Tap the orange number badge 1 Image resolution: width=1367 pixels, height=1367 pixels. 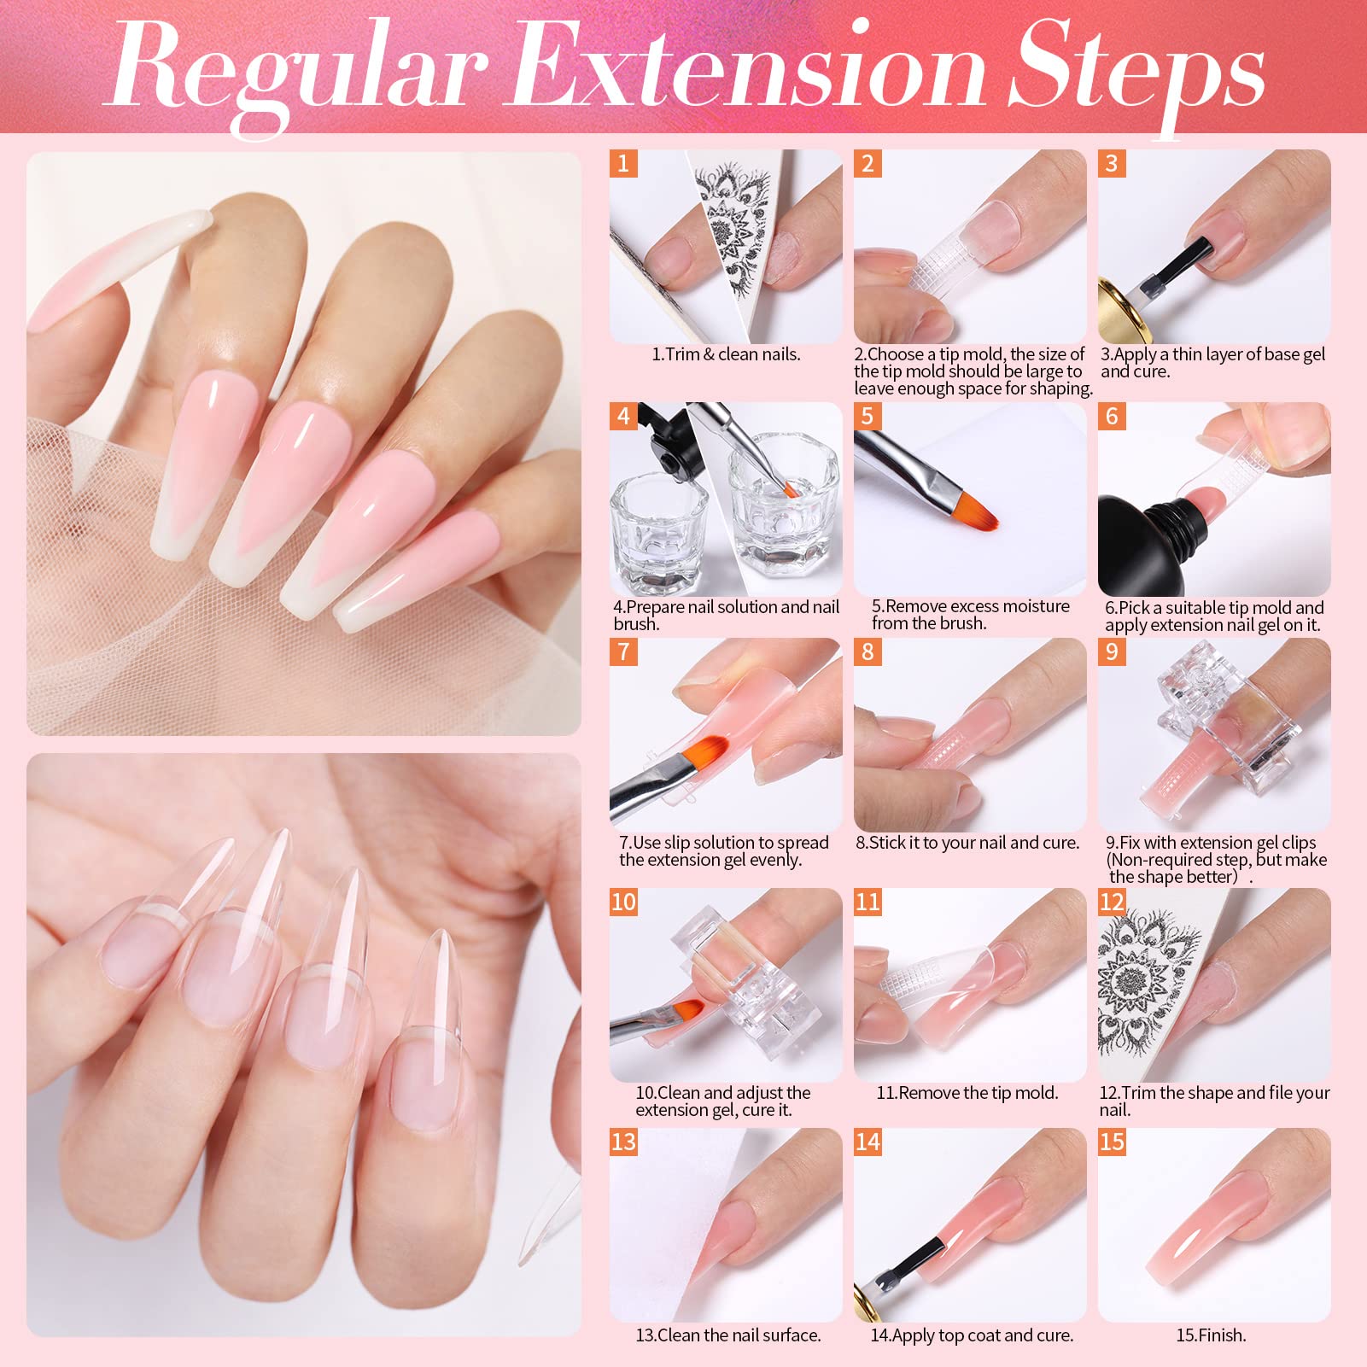pyautogui.click(x=623, y=163)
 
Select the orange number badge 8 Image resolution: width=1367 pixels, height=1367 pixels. pyautogui.click(x=868, y=651)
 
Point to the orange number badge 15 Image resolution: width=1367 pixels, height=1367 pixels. pyautogui.click(x=1112, y=1142)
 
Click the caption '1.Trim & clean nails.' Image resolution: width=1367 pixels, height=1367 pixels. pyautogui.click(x=726, y=354)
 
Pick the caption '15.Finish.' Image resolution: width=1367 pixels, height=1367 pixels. pyautogui.click(x=1211, y=1335)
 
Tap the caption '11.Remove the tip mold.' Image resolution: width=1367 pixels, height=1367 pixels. pyautogui.click(x=967, y=1093)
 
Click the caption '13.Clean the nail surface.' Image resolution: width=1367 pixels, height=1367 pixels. pyautogui.click(x=728, y=1335)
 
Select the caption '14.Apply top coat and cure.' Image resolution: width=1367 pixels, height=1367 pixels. pyautogui.click(x=972, y=1335)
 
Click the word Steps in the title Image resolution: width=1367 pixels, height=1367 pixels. pyautogui.click(x=1135, y=73)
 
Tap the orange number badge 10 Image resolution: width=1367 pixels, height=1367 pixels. pyautogui.click(x=623, y=902)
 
